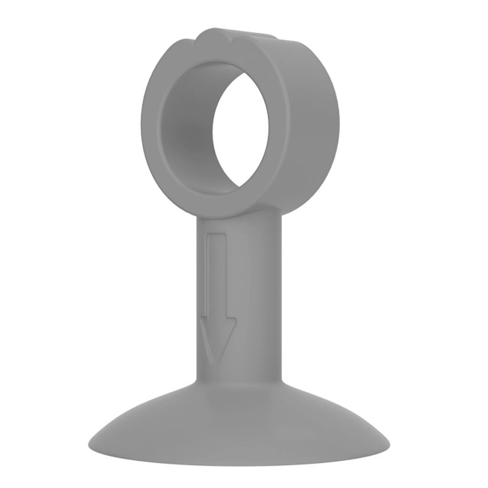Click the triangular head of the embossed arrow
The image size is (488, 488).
217,336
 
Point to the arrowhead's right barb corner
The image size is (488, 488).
236,319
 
